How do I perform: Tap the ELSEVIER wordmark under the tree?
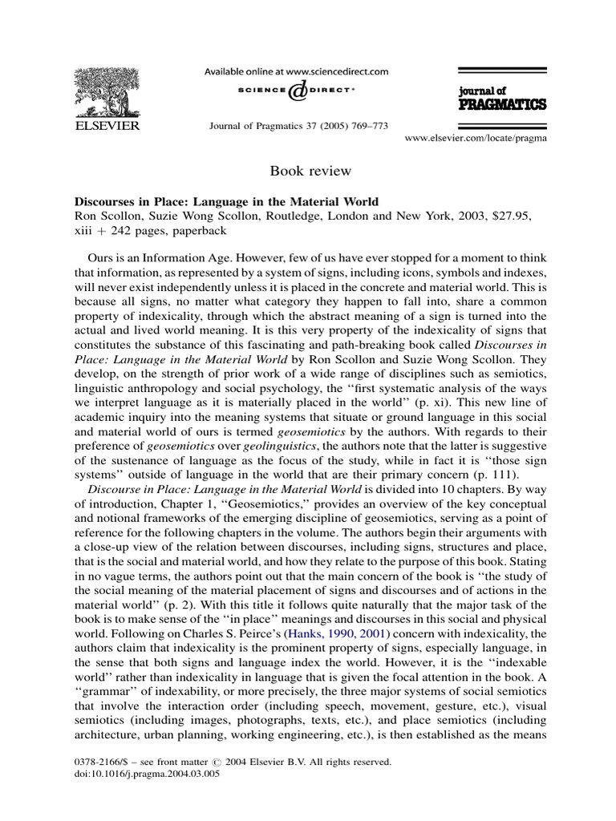(x=106, y=126)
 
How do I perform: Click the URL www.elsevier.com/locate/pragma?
(x=476, y=139)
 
